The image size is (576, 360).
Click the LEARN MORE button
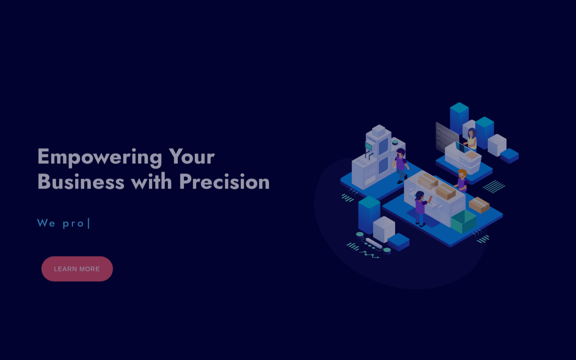[77, 269]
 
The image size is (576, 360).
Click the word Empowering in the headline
[100, 157]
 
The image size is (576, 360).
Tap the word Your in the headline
[192, 156]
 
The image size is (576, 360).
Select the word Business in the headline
[81, 181]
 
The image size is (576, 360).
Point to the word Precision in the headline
[225, 181]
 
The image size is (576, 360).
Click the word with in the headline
[152, 181]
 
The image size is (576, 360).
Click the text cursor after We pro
[89, 223]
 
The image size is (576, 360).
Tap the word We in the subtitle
[46, 223]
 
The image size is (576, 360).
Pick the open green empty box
[463, 222]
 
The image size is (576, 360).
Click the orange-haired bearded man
[462, 180]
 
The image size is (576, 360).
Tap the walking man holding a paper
[400, 166]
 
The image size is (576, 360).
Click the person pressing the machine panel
[422, 208]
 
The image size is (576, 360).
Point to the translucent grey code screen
[447, 138]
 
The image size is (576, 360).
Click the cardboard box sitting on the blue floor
[479, 205]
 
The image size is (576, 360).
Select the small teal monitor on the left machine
[369, 146]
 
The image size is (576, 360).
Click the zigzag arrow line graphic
[369, 255]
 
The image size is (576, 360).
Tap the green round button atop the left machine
[395, 142]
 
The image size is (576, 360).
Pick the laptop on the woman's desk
[462, 148]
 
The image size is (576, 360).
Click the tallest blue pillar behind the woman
[459, 118]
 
